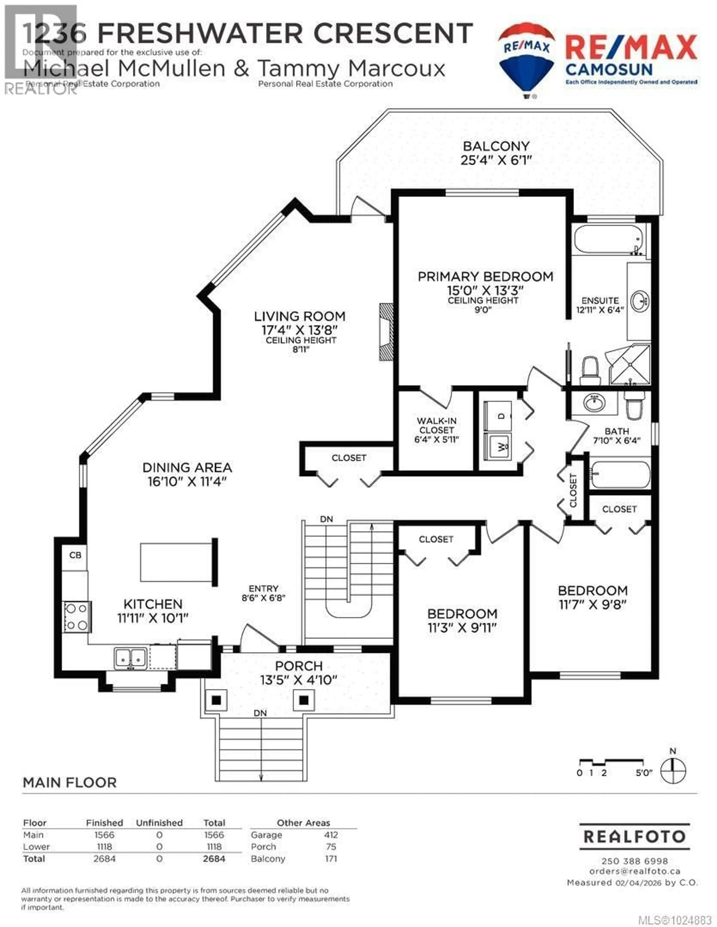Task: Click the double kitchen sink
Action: (130, 658)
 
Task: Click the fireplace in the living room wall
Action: (386, 332)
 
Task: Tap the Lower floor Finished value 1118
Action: (104, 847)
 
